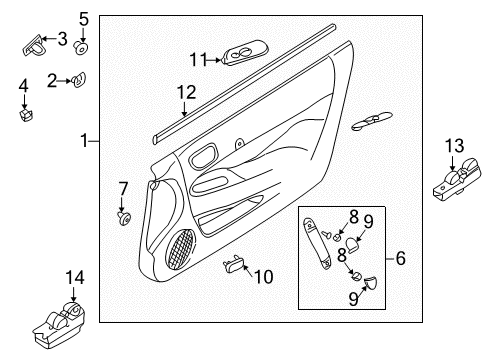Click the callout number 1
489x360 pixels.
[x=85, y=142]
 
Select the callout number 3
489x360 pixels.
[x=63, y=39]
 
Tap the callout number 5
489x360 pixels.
[x=84, y=17]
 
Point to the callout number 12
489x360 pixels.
[x=182, y=92]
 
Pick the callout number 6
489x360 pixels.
[x=400, y=258]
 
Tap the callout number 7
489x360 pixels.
[x=123, y=187]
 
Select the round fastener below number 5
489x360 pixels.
[x=83, y=46]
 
